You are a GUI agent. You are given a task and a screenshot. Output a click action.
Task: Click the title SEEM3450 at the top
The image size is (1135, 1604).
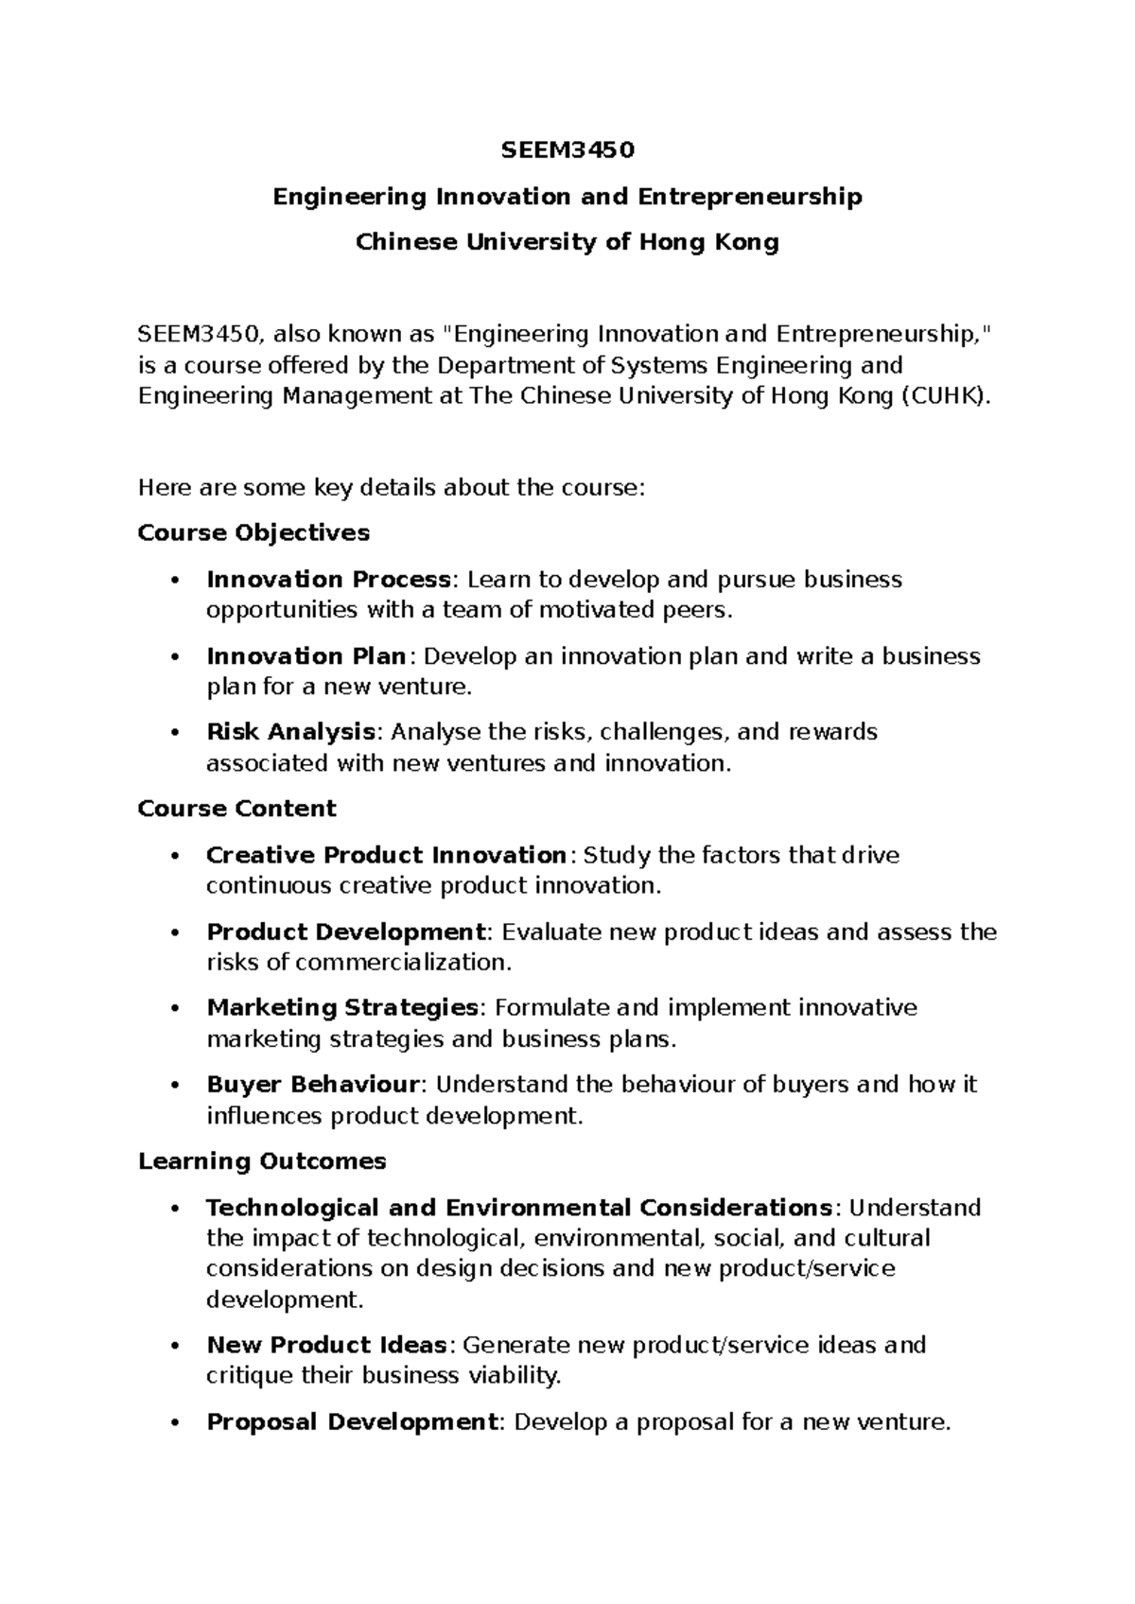(567, 150)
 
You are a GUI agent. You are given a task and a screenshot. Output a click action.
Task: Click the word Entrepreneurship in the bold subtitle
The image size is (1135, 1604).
(749, 197)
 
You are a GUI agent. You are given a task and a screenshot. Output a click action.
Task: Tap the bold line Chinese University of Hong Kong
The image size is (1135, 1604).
(567, 243)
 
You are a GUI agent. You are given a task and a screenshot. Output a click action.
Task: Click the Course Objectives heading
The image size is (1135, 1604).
(253, 533)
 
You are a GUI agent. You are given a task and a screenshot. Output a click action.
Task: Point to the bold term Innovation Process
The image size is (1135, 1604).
(328, 579)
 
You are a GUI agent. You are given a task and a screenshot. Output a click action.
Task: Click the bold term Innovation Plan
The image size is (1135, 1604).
(306, 656)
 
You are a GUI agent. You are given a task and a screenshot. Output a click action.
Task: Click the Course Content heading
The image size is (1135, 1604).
(236, 809)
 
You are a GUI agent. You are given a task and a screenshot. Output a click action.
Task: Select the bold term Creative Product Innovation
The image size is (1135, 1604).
(386, 855)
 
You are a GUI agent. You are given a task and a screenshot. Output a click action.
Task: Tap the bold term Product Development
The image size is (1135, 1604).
(345, 933)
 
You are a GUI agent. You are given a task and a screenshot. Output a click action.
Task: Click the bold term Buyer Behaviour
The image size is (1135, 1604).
(313, 1085)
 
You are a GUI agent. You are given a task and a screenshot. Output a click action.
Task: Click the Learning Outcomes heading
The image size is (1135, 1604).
(262, 1161)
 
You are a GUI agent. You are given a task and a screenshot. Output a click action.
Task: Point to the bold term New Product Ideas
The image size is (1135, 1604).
(326, 1345)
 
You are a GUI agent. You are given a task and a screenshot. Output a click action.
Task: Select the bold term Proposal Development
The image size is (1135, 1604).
(352, 1422)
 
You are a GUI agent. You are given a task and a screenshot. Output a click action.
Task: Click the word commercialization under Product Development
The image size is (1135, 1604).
(401, 963)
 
